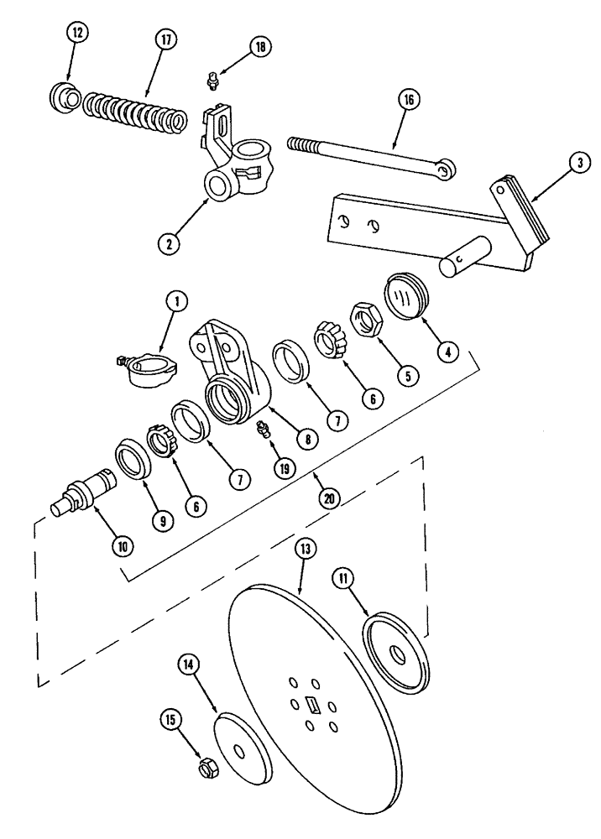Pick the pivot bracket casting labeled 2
235,156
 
